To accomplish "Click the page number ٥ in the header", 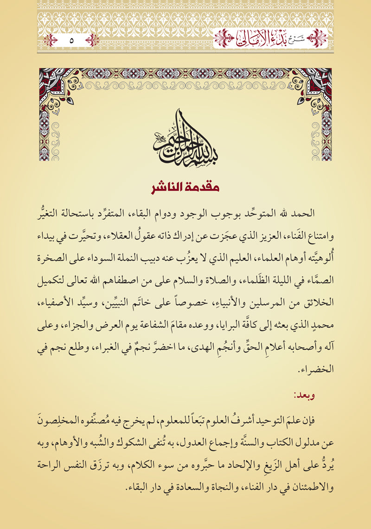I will click(x=71, y=40).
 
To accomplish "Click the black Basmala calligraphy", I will click(x=185, y=137).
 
